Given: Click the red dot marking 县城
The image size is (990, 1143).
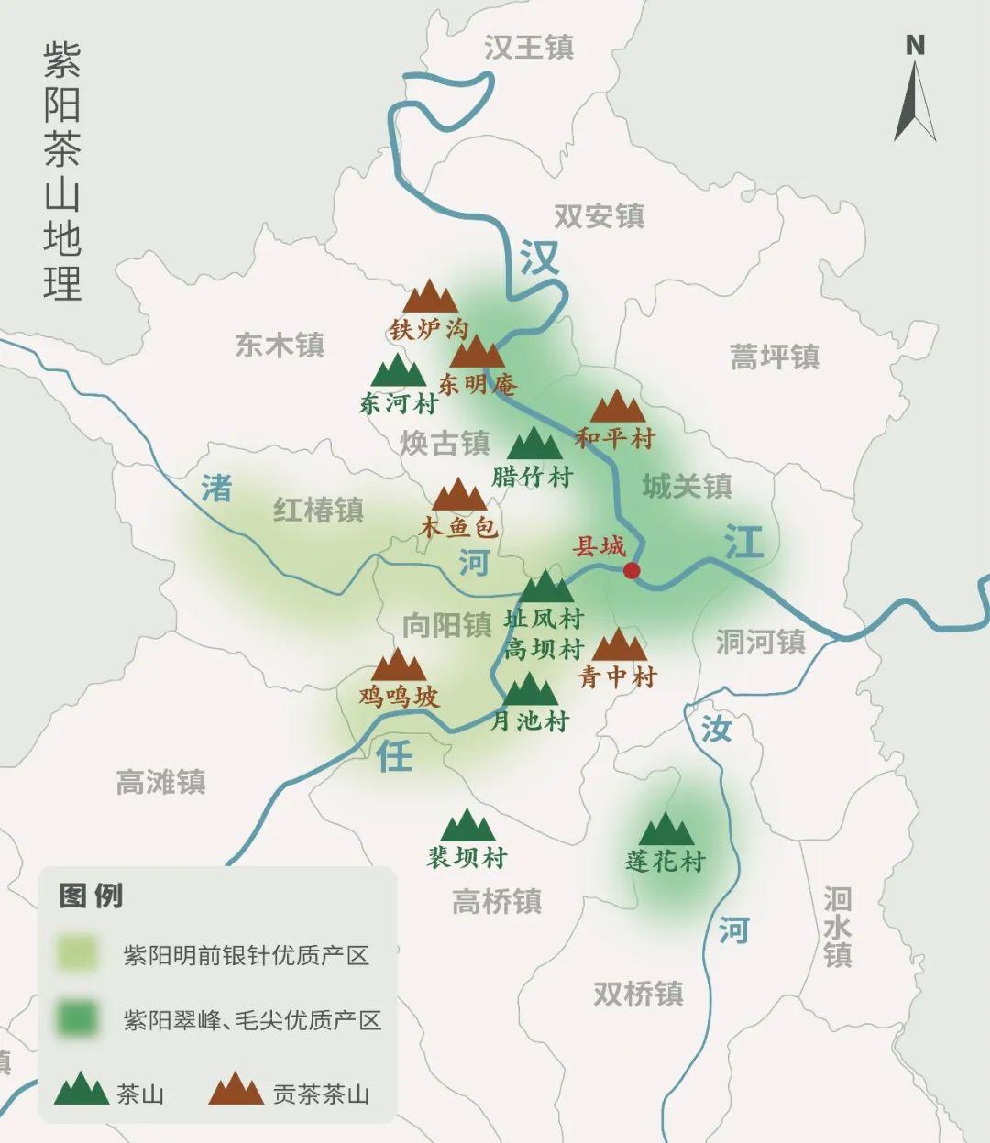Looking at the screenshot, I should click(x=632, y=570).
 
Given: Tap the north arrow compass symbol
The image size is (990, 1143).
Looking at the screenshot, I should click(x=915, y=92).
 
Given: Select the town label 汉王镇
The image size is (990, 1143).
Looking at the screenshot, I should click(x=529, y=48).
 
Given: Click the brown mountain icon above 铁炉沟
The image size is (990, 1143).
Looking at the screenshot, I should click(x=430, y=297).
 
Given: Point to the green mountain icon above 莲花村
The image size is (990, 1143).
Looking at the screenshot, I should click(x=665, y=830).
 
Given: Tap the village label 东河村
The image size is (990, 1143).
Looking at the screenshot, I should click(x=399, y=403).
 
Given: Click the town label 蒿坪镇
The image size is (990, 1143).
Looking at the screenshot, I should click(x=775, y=357).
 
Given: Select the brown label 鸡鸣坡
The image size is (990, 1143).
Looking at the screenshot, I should click(x=399, y=697).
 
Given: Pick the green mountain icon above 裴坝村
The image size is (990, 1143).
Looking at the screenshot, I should click(x=467, y=826).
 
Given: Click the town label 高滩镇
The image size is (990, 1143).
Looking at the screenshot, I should click(x=161, y=782).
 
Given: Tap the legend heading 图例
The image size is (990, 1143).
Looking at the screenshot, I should click(x=91, y=896).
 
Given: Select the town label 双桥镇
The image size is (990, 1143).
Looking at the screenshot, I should click(x=638, y=994).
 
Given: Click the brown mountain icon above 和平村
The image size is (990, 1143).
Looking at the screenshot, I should click(x=618, y=406).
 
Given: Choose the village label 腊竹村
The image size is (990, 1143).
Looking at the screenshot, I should click(x=533, y=477).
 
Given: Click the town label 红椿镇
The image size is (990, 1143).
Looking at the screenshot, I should click(x=318, y=510).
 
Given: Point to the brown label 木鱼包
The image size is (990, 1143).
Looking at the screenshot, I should click(x=458, y=526).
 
